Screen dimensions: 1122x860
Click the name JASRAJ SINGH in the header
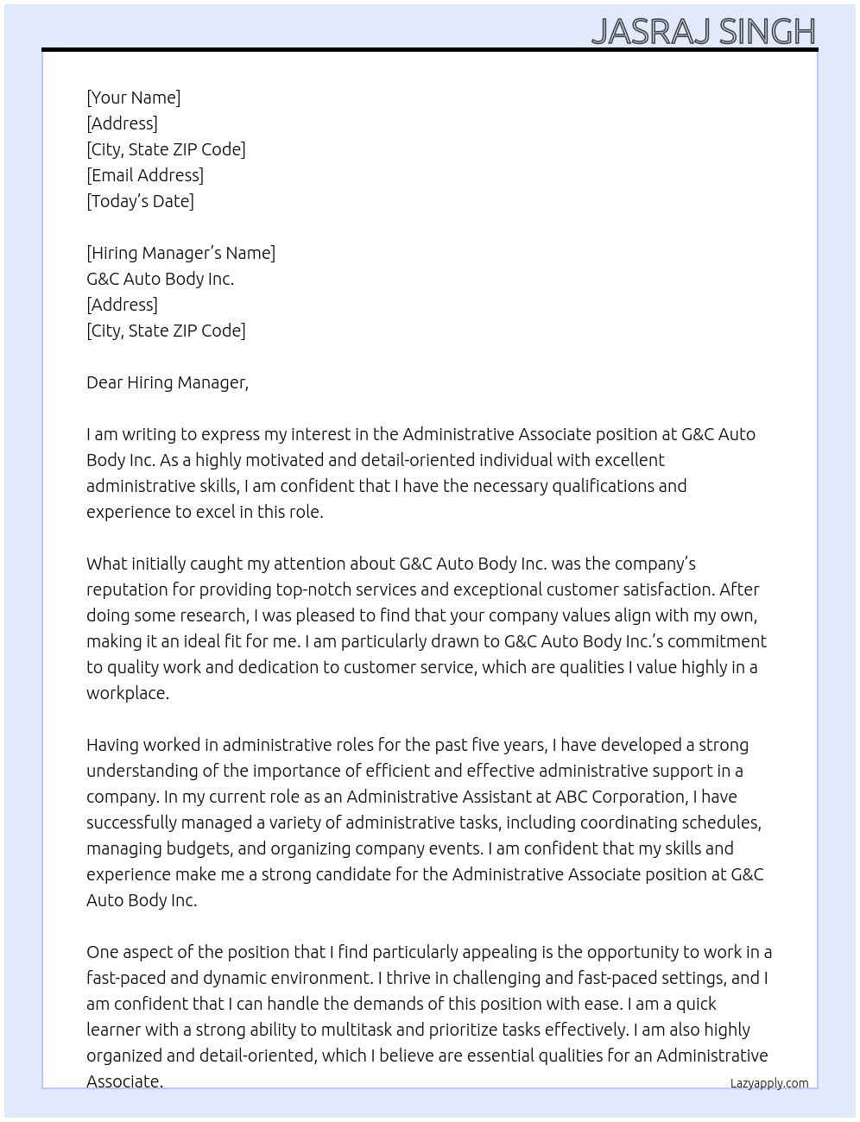(703, 32)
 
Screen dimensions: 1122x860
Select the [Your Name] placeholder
(133, 98)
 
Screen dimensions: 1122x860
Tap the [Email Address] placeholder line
(145, 175)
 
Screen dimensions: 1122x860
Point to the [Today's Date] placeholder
(140, 201)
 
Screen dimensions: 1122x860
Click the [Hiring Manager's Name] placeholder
(180, 253)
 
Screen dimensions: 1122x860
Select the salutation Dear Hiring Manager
(167, 382)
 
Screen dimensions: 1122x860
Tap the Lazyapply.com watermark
(768, 1083)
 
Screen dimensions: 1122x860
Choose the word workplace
(127, 693)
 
